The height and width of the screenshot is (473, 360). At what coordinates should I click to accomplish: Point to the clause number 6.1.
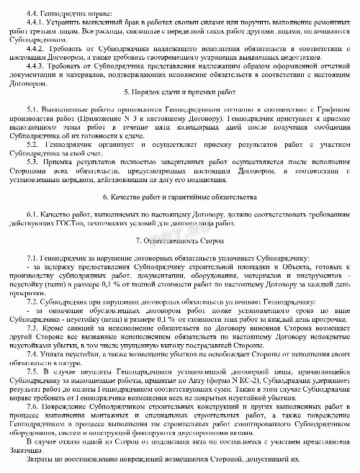point(31,235)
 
